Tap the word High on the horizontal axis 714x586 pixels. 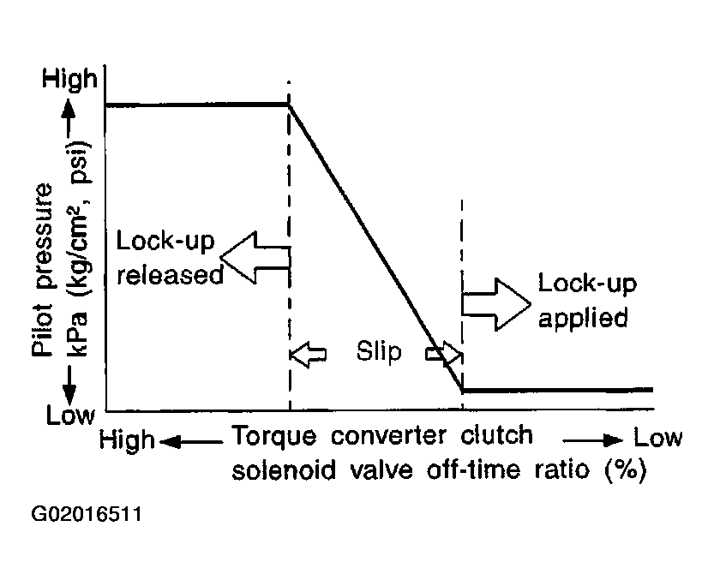coord(127,440)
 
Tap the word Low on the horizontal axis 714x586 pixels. coord(658,438)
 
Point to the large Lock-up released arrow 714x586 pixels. coord(255,257)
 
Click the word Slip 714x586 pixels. coord(378,351)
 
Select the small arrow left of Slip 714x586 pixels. coord(309,354)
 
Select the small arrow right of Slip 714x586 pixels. coord(444,354)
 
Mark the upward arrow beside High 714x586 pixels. coord(70,115)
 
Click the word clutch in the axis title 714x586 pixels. coord(496,435)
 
